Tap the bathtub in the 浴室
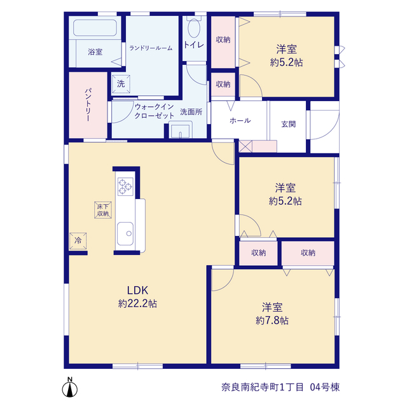[95, 27]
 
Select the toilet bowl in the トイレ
[193, 28]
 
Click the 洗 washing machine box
[121, 84]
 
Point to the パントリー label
[88, 105]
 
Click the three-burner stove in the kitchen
[125, 186]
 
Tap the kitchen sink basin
[125, 233]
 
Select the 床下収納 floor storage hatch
[103, 210]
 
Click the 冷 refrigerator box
[78, 241]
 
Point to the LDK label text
[137, 290]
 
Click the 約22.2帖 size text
[137, 303]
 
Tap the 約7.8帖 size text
[272, 321]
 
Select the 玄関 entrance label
[288, 124]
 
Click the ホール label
[240, 120]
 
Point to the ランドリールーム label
[151, 48]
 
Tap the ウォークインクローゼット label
[154, 111]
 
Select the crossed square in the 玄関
[245, 146]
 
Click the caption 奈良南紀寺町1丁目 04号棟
[280, 387]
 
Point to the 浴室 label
[95, 52]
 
